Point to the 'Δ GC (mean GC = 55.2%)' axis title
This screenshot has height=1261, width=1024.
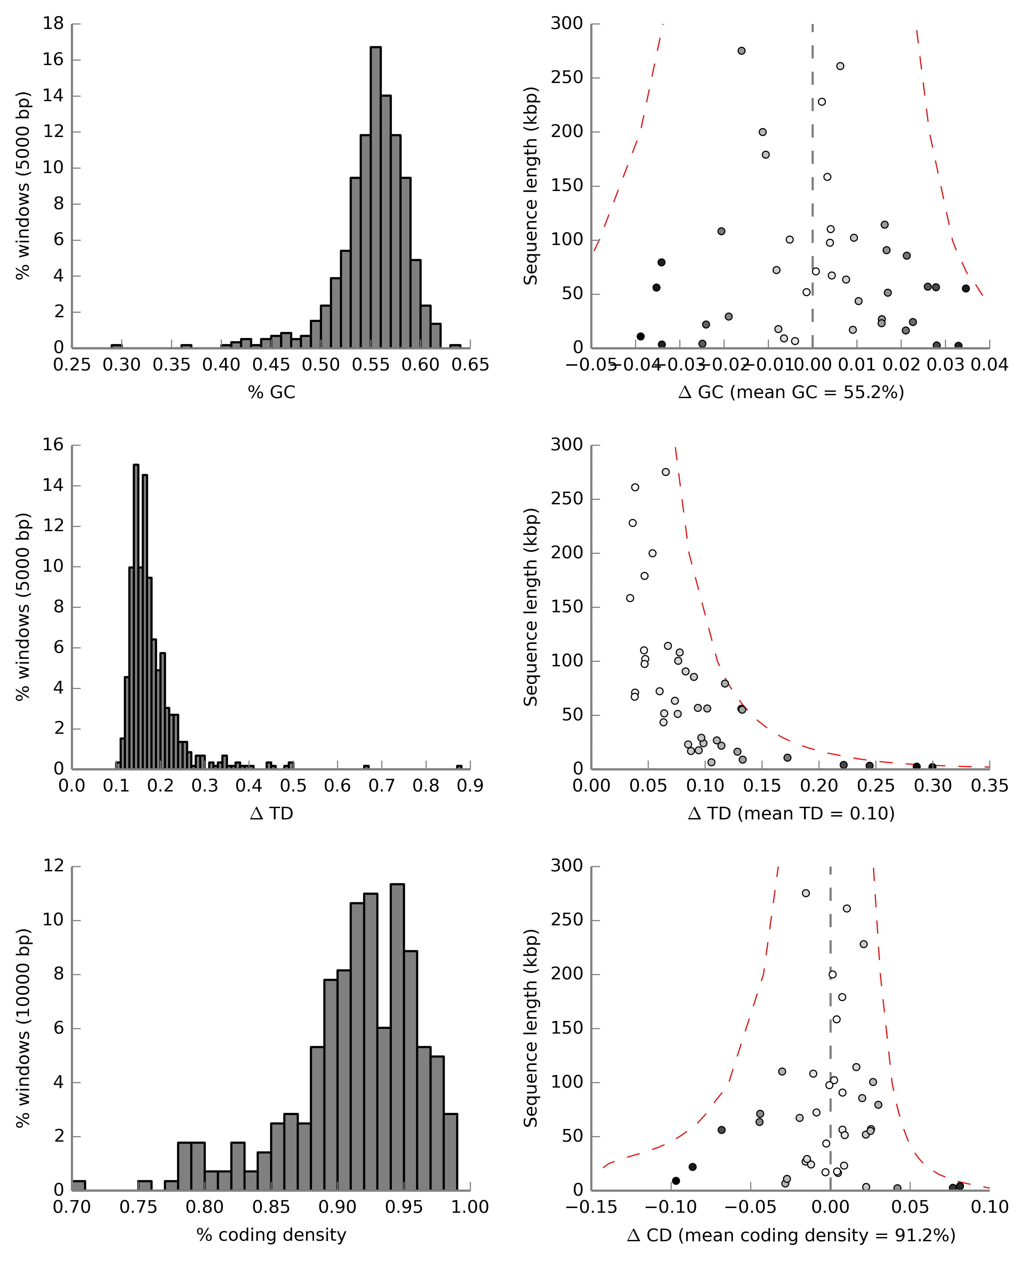(x=791, y=392)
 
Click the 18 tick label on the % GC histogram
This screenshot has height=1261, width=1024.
(x=53, y=24)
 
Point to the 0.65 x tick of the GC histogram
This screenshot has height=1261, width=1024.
(x=470, y=365)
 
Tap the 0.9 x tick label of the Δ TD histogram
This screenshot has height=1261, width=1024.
(x=470, y=786)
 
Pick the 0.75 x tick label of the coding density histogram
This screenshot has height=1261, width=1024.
(x=138, y=1207)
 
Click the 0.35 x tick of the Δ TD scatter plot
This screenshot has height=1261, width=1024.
(x=989, y=786)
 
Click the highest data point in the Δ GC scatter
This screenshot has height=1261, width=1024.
(x=742, y=51)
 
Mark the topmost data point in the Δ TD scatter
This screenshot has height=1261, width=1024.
(x=665, y=472)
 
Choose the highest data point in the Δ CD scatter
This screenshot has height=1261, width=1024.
(x=806, y=893)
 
